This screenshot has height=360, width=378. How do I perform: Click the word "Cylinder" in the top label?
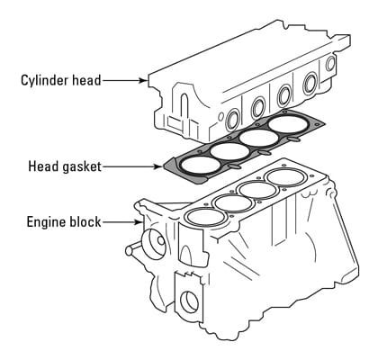45,80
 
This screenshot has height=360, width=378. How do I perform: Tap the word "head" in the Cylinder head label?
86,80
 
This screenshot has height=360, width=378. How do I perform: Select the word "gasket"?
82,166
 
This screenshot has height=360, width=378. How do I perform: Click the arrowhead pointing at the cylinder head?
143,80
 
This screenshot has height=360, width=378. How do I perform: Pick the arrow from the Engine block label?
122,222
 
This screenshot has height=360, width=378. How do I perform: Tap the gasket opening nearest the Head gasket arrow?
200,166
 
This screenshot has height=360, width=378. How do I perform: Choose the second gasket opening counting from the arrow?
229,151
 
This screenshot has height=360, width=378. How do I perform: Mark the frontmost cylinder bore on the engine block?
206,217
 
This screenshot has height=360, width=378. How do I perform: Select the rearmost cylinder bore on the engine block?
286,177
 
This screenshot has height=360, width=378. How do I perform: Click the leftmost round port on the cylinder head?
233,120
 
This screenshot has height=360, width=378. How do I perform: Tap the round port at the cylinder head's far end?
330,64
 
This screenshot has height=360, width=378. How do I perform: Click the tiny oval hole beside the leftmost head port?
221,116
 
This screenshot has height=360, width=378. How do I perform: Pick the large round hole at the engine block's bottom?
189,301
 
